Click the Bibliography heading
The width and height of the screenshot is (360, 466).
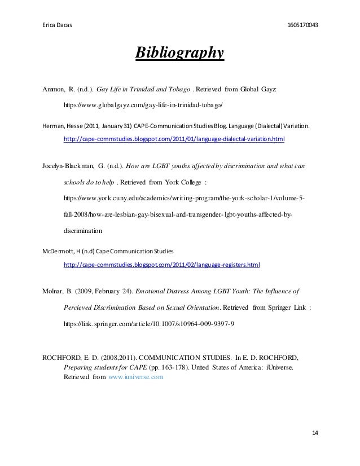(x=179, y=54)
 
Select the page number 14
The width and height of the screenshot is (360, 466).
(x=315, y=432)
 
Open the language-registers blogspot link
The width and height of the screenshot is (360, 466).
(x=163, y=263)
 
